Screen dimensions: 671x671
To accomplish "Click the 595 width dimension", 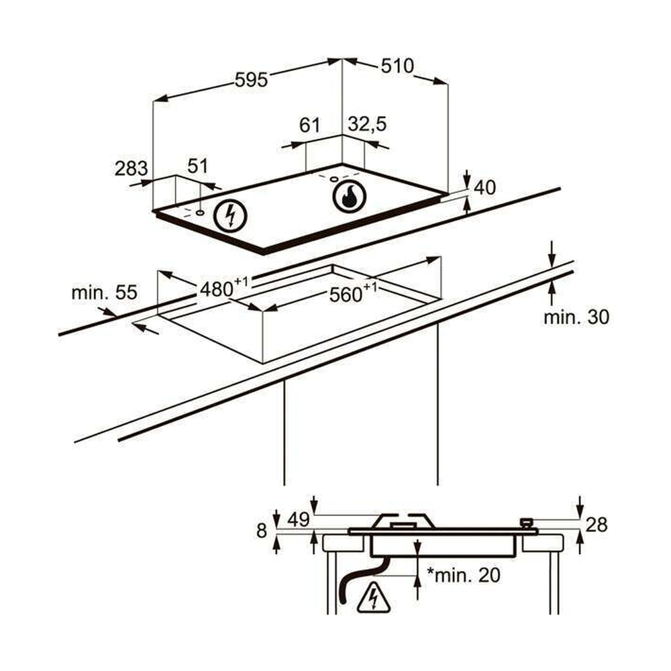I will coord(252,80).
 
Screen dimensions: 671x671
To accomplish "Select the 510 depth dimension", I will coord(397,66).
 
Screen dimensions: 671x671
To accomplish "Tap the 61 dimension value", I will coord(309,125).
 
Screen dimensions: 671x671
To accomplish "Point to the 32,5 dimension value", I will coord(368,124).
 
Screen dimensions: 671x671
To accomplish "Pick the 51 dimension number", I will coord(198,166).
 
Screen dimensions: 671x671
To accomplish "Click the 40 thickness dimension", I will coord(484,188).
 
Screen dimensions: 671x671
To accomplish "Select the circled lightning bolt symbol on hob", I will coord(231,216).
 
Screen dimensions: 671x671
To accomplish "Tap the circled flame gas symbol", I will coord(349,196).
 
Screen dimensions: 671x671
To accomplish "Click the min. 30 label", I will coord(576,317).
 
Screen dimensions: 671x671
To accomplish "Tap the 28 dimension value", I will coord(596,525).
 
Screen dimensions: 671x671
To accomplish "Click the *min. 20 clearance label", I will coord(464,574).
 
